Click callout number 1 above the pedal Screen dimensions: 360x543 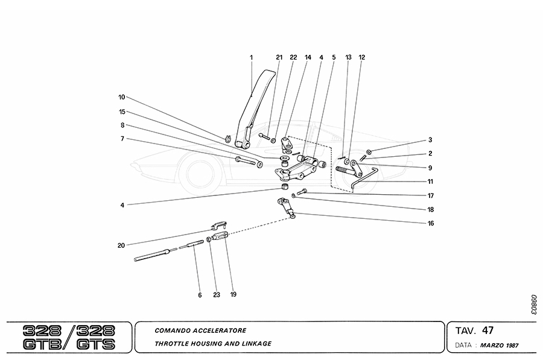(x=251, y=57)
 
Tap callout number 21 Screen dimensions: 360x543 (x=279, y=57)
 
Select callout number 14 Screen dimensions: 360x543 (x=308, y=57)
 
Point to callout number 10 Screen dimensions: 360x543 (x=121, y=96)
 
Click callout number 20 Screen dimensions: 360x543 (x=121, y=245)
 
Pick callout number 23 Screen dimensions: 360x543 (x=216, y=295)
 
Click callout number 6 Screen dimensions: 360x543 (x=199, y=295)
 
